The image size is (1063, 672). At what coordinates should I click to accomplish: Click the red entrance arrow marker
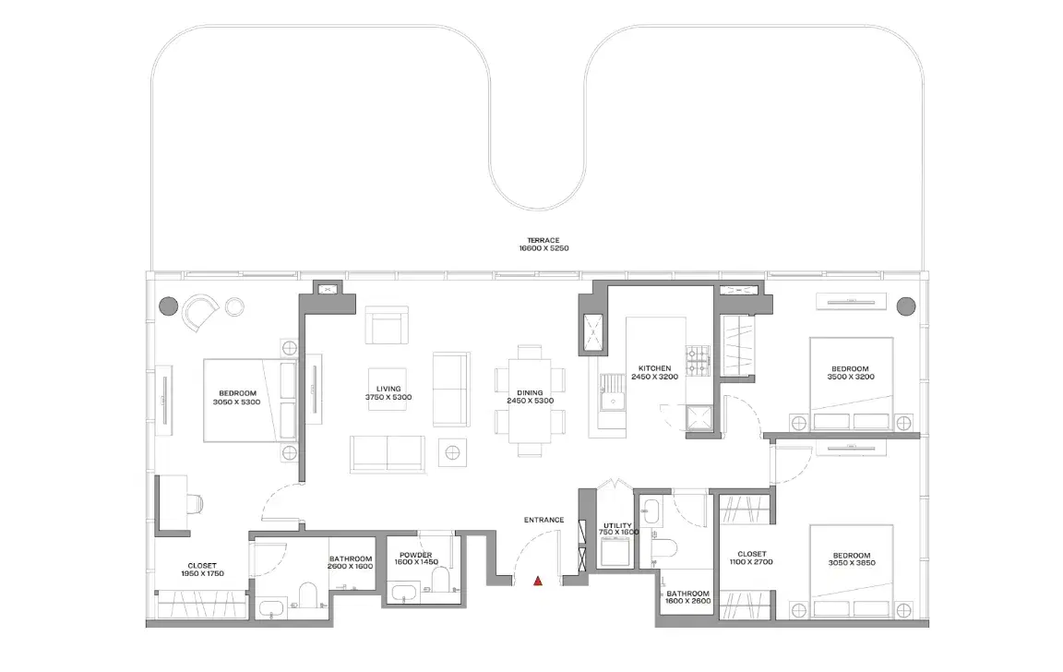tap(538, 581)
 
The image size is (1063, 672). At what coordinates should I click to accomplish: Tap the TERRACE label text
tap(544, 240)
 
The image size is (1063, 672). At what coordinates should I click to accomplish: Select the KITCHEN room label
tap(654, 368)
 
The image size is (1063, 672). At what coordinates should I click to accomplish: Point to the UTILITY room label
tap(618, 525)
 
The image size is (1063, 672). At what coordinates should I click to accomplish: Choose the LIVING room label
tap(388, 389)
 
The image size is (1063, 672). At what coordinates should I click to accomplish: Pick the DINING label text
tap(530, 392)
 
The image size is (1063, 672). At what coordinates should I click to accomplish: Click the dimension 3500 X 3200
tap(849, 377)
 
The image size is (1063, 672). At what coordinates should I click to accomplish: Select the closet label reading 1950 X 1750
tap(202, 573)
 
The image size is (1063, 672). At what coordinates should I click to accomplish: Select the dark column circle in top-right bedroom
tap(905, 305)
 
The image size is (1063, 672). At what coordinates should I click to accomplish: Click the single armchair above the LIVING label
tap(387, 326)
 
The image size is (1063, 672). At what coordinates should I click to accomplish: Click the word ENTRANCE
tap(543, 520)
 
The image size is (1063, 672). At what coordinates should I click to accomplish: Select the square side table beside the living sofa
tap(453, 452)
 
